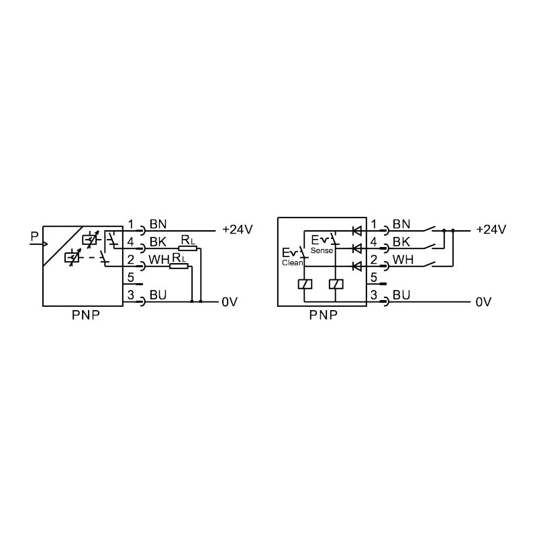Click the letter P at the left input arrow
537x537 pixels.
point(34,236)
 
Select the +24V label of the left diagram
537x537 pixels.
point(238,230)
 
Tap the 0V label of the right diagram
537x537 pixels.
point(483,301)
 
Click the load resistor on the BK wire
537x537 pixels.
point(188,248)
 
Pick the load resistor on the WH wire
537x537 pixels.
point(179,266)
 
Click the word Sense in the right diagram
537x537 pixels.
point(322,250)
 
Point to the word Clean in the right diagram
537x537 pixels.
point(293,262)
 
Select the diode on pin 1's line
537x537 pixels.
point(357,231)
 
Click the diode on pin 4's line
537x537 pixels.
point(357,248)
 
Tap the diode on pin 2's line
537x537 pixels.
point(357,266)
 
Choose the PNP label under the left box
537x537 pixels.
point(86,315)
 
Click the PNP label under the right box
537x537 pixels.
point(323,315)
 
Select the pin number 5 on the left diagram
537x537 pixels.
point(130,277)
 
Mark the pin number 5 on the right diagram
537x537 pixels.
point(374,277)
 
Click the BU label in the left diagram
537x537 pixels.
point(158,295)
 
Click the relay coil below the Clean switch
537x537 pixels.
point(305,284)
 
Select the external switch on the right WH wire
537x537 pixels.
point(429,264)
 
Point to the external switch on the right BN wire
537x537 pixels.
point(429,229)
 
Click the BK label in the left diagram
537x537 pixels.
point(158,242)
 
